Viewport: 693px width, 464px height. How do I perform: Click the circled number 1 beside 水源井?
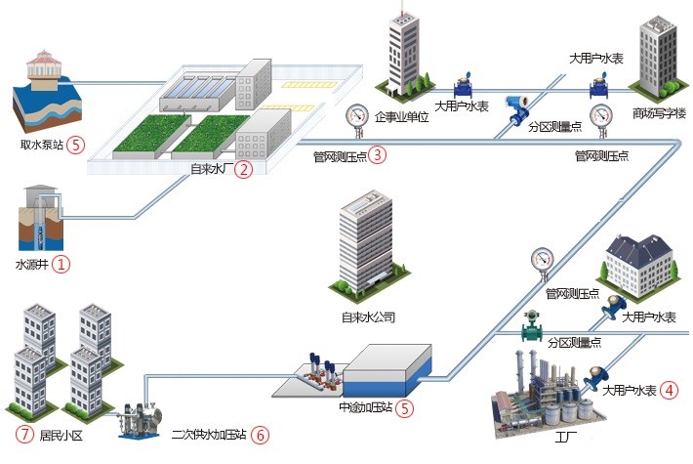[x=61, y=264]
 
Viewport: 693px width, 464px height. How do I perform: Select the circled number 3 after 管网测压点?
[x=378, y=154]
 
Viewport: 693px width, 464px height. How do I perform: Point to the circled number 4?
[x=669, y=390]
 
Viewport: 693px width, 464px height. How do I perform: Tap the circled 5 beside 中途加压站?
[x=405, y=408]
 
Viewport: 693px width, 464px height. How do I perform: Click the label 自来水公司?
[x=368, y=316]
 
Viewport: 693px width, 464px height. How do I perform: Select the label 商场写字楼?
[x=659, y=111]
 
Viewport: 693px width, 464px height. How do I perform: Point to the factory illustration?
[x=537, y=386]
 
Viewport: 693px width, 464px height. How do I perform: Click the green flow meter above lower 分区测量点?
[x=533, y=323]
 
